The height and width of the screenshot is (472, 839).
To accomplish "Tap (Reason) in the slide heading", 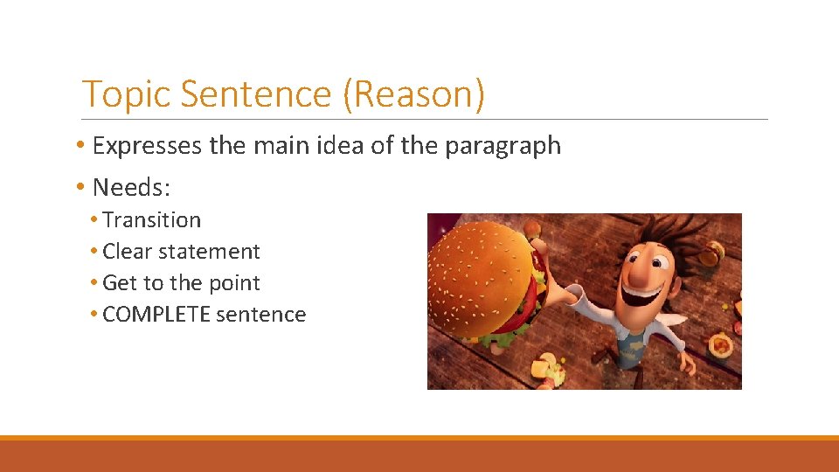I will (x=413, y=94).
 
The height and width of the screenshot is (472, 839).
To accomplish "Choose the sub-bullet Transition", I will (x=151, y=220).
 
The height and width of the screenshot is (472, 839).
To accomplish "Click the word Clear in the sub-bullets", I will (x=128, y=252).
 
